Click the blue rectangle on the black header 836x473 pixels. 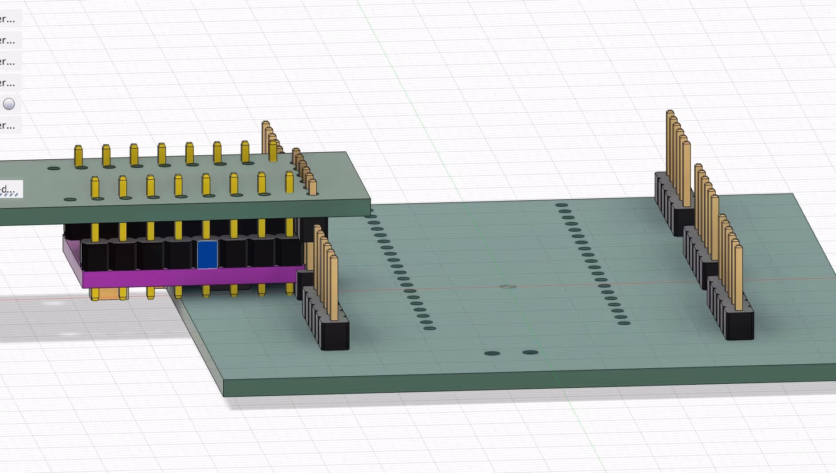pyautogui.click(x=207, y=254)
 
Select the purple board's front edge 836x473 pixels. pyautogui.click(x=191, y=278)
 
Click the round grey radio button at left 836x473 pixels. pyautogui.click(x=9, y=104)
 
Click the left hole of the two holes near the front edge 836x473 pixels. pyautogui.click(x=492, y=353)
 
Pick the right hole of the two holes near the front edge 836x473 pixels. pyautogui.click(x=530, y=352)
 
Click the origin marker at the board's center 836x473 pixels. pyautogui.click(x=508, y=287)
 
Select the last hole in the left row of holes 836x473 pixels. pyautogui.click(x=430, y=328)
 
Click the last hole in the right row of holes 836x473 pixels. pyautogui.click(x=624, y=323)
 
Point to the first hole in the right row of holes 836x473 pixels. pyautogui.click(x=561, y=205)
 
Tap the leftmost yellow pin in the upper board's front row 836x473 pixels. pyautogui.click(x=95, y=187)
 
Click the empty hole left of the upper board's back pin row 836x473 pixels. pyautogui.click(x=54, y=168)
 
